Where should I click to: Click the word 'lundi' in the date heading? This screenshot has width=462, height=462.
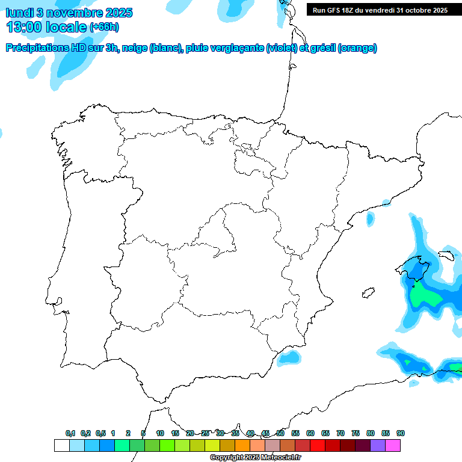(19, 13)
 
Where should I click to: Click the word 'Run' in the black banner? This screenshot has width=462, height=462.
(319, 10)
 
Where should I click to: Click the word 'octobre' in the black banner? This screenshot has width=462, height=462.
(419, 10)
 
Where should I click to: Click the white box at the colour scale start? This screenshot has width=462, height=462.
(61, 445)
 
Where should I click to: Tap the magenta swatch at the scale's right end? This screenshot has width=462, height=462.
(393, 445)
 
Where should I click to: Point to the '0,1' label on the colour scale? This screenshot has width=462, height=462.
(70, 433)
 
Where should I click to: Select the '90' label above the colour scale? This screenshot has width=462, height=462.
(401, 433)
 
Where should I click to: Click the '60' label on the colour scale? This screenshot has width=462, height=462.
(310, 433)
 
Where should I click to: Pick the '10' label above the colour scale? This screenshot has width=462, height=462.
(160, 433)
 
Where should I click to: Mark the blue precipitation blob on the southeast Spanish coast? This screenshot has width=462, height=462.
(290, 357)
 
